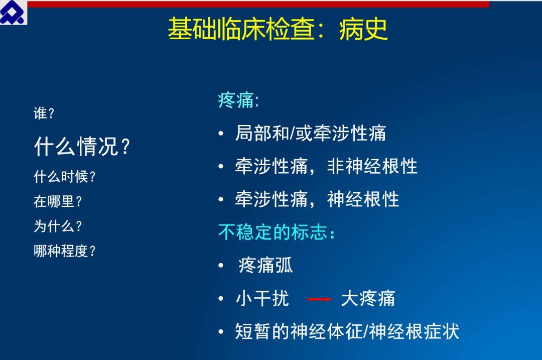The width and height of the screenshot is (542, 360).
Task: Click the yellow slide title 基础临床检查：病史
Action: tap(278, 29)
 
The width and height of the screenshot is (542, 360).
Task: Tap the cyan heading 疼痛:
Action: tap(238, 100)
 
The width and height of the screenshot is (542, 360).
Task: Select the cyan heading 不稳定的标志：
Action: tap(277, 231)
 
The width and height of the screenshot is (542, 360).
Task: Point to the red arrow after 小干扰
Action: tap(319, 299)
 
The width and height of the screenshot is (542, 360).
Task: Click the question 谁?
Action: tap(44, 113)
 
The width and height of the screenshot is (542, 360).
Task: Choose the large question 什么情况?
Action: tap(82, 146)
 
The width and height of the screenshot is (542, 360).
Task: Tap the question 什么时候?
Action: tap(64, 177)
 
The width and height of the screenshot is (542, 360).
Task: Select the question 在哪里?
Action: tap(58, 201)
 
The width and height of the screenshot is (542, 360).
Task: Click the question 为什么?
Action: tap(58, 226)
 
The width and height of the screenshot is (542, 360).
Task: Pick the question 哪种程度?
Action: tap(64, 251)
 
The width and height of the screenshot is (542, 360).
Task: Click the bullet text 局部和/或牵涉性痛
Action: tap(310, 133)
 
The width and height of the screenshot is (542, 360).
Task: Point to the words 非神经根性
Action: tap(372, 166)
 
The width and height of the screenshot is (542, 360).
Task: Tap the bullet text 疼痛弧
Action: tap(265, 266)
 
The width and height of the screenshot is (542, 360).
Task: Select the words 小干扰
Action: tap(262, 298)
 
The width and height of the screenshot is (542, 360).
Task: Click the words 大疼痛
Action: tap(368, 298)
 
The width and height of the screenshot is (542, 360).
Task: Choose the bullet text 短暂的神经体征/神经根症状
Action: tap(347, 331)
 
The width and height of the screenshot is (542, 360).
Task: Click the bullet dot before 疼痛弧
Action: tap(221, 266)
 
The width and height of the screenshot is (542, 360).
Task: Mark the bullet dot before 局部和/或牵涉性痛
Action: tap(221, 134)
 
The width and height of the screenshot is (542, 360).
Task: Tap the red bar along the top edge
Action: tap(258, 4)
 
